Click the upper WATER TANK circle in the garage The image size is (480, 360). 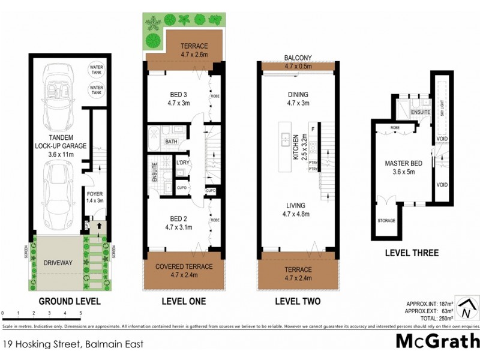(96, 69)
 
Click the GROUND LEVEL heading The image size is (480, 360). (70, 301)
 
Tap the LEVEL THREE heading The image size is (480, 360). (412, 253)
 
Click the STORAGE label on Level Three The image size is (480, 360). (386, 221)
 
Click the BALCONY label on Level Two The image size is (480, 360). (298, 58)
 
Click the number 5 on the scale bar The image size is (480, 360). (80, 313)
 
